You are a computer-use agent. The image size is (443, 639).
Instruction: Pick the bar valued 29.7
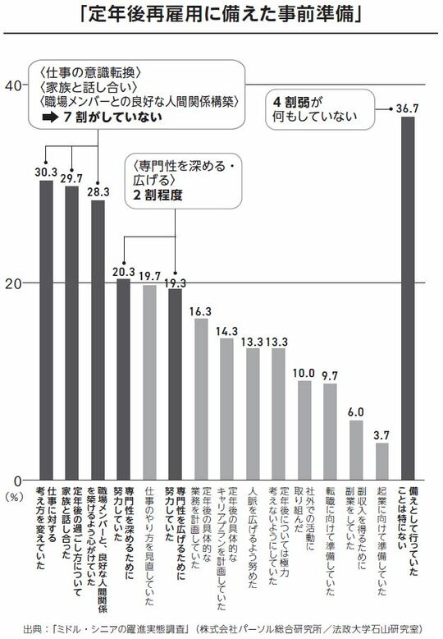(72, 333)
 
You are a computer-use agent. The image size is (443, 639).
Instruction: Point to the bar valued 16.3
(201, 399)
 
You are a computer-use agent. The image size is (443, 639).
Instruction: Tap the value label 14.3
(226, 330)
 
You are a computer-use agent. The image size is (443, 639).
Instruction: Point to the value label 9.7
(331, 375)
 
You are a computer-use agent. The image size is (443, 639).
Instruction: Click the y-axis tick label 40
(14, 85)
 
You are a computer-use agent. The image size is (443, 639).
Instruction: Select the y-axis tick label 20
(14, 283)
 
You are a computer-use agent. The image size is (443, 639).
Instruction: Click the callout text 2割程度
(153, 197)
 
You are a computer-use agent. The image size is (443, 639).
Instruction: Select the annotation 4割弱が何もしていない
(313, 112)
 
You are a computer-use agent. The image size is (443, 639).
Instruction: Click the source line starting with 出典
(221, 627)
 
